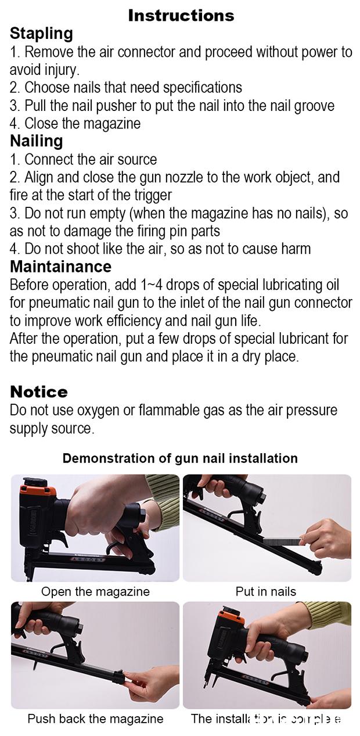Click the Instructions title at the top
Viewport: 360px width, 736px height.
[181, 15]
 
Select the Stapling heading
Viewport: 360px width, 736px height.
[41, 34]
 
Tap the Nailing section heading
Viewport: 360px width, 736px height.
[36, 141]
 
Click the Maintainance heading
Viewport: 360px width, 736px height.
[60, 267]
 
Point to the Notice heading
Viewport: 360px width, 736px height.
[38, 392]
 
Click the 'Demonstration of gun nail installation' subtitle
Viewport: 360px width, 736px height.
[180, 458]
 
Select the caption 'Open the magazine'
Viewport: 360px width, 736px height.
[95, 592]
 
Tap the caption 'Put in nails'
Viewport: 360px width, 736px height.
[265, 592]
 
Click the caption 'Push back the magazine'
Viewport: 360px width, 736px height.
[95, 719]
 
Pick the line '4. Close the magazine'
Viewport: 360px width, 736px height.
[75, 124]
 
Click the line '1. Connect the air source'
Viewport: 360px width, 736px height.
[83, 160]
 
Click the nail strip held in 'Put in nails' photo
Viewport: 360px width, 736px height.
[282, 541]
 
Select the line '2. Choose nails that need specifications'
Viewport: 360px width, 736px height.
[125, 88]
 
